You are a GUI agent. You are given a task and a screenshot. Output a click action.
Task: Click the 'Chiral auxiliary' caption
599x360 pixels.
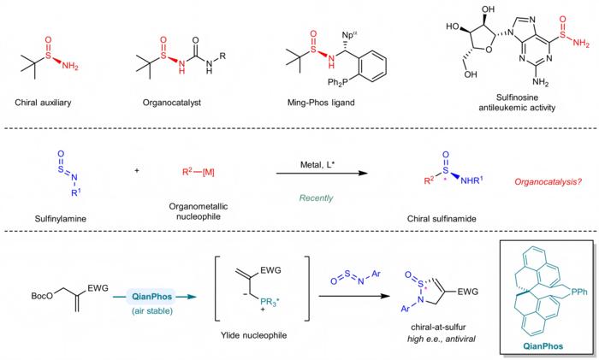(43, 103)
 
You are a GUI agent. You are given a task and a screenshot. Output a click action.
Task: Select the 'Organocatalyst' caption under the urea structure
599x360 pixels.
(171, 103)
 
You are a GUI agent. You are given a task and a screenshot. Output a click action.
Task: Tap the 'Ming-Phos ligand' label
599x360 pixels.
(321, 103)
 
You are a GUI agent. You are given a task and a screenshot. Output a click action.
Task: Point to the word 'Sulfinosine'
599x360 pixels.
(517, 97)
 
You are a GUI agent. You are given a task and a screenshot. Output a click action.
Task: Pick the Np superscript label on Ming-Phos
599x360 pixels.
(349, 35)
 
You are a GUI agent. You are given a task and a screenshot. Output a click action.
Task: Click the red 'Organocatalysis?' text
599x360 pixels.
(549, 182)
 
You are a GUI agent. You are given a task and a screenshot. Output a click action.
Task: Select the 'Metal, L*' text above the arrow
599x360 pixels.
(317, 164)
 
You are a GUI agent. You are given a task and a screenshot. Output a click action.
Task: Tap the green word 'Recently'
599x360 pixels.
(316, 198)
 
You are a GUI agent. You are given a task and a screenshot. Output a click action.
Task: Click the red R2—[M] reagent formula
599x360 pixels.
(199, 172)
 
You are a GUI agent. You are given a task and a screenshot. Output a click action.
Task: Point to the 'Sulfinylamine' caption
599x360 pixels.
(61, 219)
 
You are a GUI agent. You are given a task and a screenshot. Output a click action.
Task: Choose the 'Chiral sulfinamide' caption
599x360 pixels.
(442, 219)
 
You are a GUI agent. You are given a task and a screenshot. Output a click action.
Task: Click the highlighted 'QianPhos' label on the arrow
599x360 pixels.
(151, 297)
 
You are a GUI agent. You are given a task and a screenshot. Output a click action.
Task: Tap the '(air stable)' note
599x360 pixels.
(152, 310)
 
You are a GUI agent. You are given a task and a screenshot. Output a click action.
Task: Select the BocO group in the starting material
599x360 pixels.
(43, 296)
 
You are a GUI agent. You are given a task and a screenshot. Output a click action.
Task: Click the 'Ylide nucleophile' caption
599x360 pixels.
(253, 335)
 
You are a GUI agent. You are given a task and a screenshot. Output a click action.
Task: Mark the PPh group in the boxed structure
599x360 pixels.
(579, 292)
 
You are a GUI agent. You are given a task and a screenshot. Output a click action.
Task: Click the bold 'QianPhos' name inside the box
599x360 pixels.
(543, 346)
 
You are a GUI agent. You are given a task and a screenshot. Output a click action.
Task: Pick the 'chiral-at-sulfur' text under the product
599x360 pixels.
(438, 328)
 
